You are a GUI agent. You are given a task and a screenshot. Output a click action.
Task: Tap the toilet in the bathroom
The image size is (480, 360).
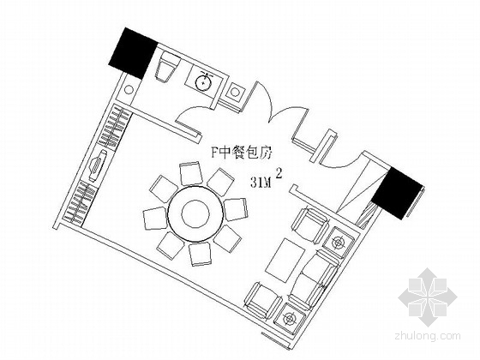[x=167, y=67]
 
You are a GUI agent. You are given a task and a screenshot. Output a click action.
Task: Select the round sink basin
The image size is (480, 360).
[x=203, y=81]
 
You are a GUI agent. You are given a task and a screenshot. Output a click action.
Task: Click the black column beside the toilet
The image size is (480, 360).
[x=133, y=53]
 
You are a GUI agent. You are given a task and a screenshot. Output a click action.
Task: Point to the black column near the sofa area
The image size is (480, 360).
[x=397, y=193]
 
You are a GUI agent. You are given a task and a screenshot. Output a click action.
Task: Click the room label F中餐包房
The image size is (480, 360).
[x=242, y=153]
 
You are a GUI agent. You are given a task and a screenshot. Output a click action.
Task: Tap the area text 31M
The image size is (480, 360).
[x=261, y=183]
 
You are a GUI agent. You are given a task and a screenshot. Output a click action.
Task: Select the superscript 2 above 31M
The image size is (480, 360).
[x=279, y=173]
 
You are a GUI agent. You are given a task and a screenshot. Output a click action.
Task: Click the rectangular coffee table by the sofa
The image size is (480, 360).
[x=285, y=261]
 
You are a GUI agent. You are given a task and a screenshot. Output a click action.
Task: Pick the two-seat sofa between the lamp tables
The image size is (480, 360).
[x=314, y=279]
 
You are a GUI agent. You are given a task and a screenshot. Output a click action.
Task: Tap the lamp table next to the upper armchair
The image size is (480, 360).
[x=338, y=243]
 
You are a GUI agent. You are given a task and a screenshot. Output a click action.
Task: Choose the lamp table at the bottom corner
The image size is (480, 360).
[x=290, y=318]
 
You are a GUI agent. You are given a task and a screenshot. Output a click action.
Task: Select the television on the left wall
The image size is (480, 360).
[x=97, y=166]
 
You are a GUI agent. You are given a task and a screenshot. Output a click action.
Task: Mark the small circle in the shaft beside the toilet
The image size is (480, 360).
[x=129, y=90]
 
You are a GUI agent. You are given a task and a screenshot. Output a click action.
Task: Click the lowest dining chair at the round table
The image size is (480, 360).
[x=201, y=255]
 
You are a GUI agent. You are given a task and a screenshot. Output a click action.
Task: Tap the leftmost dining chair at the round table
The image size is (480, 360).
[x=155, y=219]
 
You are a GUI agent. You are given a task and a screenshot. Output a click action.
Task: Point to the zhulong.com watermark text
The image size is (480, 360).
[x=428, y=336]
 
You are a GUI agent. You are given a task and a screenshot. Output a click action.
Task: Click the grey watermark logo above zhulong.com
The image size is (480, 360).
[x=428, y=297]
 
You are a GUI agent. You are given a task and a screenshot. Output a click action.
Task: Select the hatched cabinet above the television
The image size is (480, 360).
[x=115, y=126]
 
